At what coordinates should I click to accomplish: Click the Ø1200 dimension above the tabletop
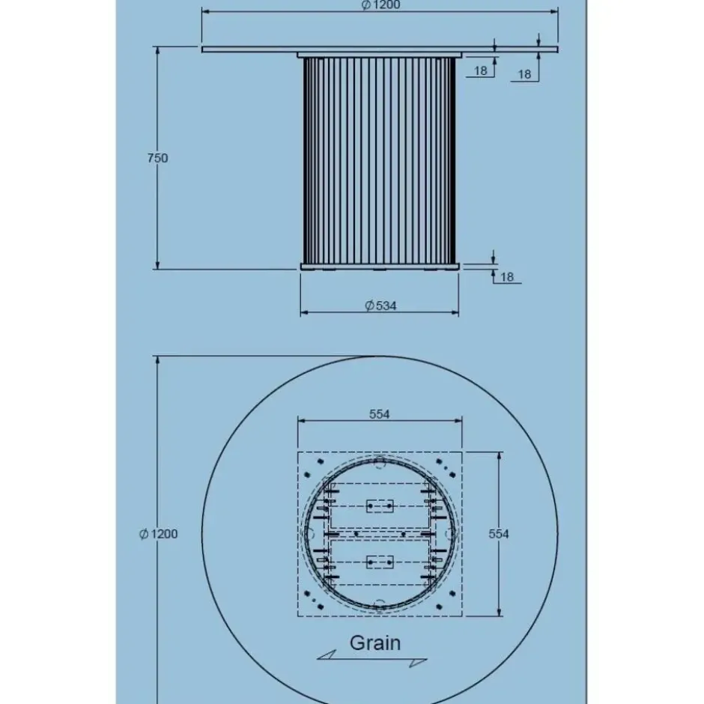(380, 5)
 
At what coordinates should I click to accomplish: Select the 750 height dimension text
(157, 158)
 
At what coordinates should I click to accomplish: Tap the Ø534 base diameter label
(380, 306)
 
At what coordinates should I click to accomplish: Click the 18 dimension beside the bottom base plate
(506, 277)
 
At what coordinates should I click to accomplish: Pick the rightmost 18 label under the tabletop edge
(524, 75)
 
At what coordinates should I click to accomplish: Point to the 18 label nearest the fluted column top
(480, 71)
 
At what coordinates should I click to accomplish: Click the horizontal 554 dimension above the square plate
(380, 414)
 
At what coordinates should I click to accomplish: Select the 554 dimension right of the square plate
(498, 534)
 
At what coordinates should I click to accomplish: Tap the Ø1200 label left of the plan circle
(159, 534)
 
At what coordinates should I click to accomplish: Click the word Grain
(375, 643)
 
